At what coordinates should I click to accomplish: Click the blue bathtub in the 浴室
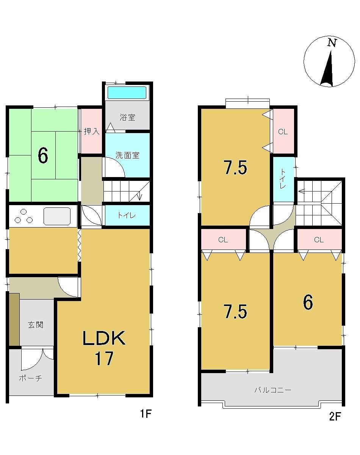[x=127, y=93]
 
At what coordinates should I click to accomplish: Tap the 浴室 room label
[x=127, y=117]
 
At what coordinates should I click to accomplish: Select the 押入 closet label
[x=92, y=131]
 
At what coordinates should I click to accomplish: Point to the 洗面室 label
[x=127, y=155]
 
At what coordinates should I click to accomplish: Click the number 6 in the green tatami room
[x=43, y=156]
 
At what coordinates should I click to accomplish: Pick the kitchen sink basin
[x=57, y=216]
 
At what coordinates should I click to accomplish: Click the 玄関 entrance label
[x=36, y=325]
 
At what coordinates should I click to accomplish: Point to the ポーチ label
[x=31, y=378]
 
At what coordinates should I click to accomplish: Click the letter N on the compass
[x=332, y=43]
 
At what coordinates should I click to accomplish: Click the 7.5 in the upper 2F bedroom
[x=235, y=168]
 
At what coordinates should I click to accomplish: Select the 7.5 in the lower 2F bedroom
[x=235, y=311]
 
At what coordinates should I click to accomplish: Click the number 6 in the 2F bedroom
[x=308, y=303]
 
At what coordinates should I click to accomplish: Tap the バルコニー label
[x=273, y=390]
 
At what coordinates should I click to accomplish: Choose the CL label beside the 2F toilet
[x=283, y=132]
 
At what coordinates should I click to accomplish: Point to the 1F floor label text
[x=146, y=414]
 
